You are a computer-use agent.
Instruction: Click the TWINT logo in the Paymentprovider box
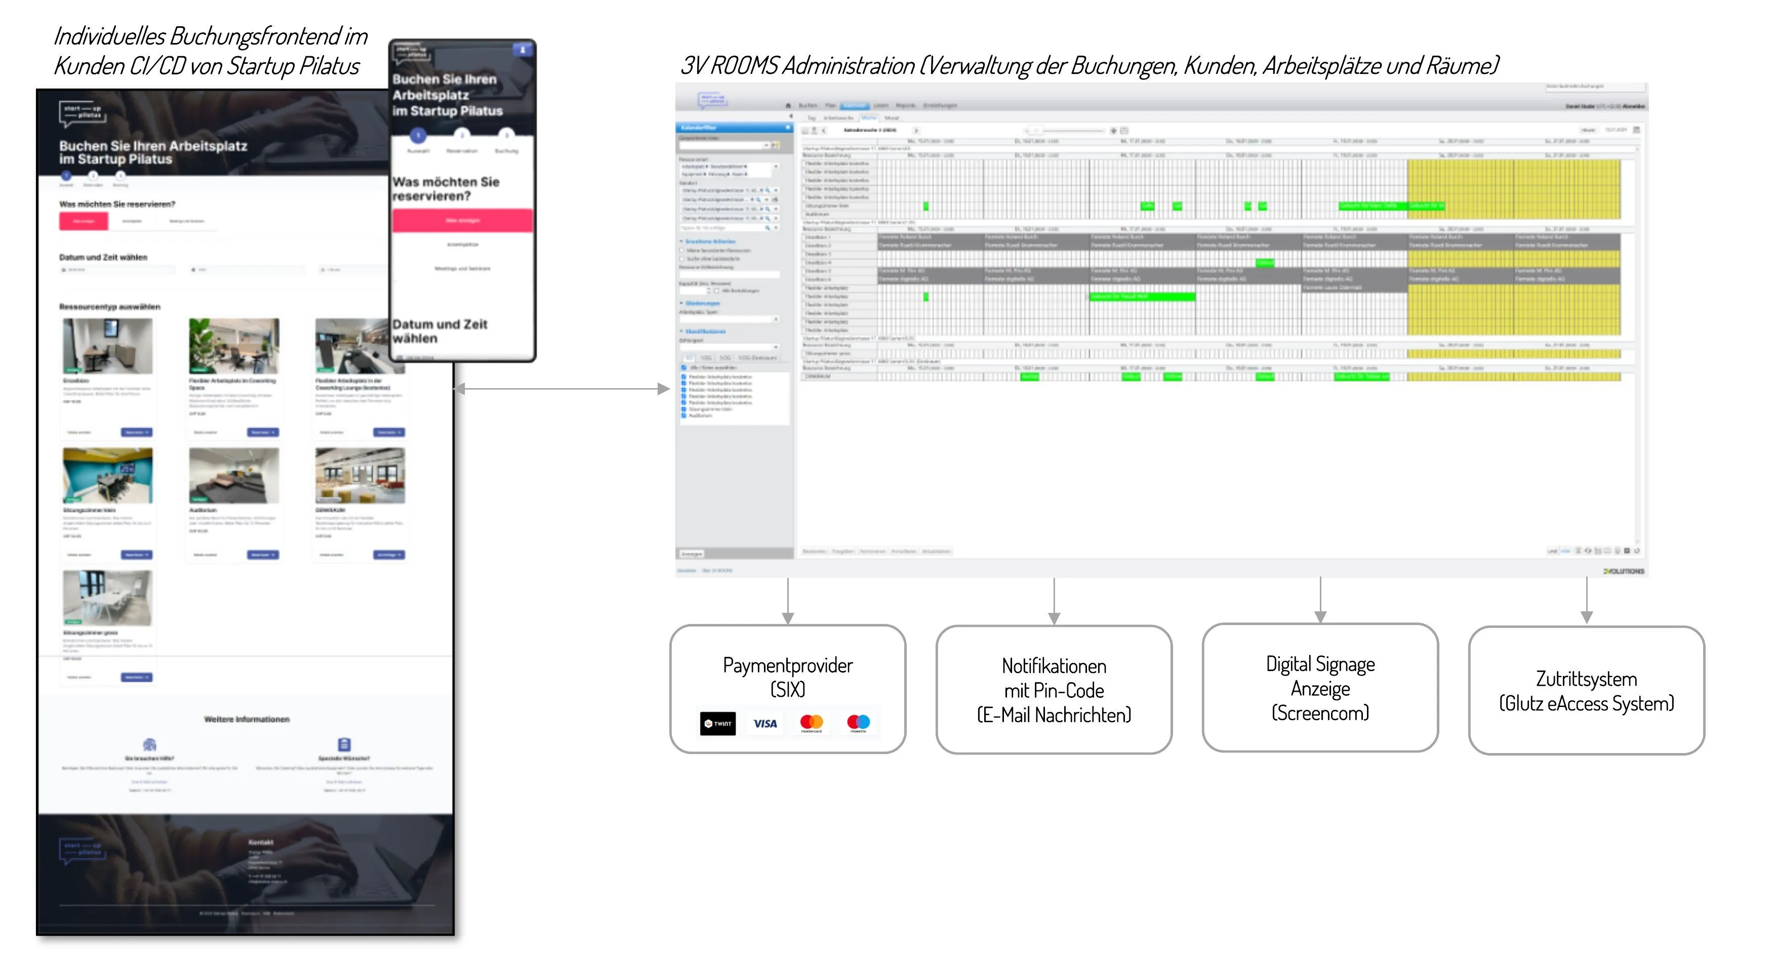(x=717, y=723)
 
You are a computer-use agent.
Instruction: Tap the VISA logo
(x=764, y=723)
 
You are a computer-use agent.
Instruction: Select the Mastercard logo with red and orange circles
(x=811, y=722)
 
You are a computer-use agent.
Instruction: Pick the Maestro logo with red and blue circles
(x=858, y=722)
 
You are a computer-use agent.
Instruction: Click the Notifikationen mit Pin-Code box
(x=1053, y=690)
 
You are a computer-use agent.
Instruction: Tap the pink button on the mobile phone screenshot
(x=462, y=220)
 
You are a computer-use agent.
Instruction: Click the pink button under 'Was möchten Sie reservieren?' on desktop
(x=84, y=221)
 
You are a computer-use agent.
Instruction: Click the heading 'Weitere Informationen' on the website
(x=247, y=719)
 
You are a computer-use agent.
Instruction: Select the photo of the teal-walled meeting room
(x=107, y=476)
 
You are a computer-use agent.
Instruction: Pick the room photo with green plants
(x=233, y=346)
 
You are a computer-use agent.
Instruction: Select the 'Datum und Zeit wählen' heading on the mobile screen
(x=439, y=331)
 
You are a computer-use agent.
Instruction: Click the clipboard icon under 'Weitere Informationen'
(x=344, y=744)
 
